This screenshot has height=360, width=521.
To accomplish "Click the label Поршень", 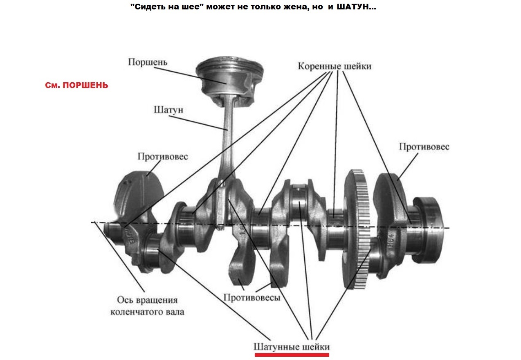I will pyautogui.click(x=148, y=62).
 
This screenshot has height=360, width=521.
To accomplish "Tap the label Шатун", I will pyautogui.click(x=168, y=110).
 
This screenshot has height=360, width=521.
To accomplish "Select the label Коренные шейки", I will pyautogui.click(x=335, y=65).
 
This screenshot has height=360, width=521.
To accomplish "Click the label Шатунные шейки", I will pyautogui.click(x=292, y=346).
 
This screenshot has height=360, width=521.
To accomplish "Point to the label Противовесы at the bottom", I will pyautogui.click(x=252, y=297).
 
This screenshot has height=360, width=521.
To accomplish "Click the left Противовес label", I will pyautogui.click(x=162, y=156).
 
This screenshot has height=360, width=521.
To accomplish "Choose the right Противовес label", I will pyautogui.click(x=424, y=146).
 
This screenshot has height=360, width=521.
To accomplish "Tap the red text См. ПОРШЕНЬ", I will pyautogui.click(x=76, y=86).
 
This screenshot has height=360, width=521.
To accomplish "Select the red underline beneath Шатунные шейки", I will pyautogui.click(x=292, y=355).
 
